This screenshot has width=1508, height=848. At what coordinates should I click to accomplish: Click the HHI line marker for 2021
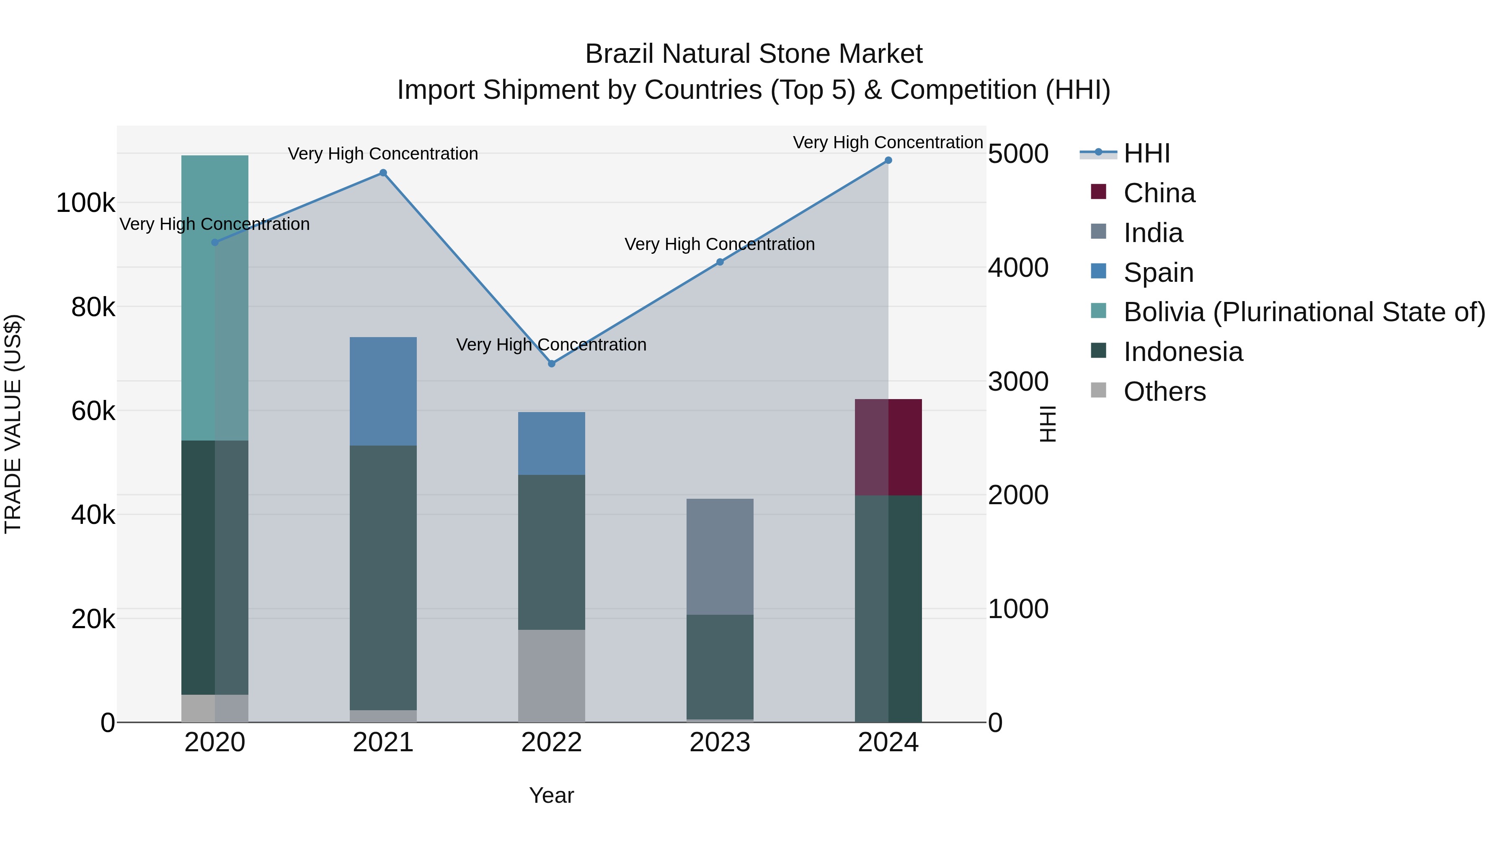383,173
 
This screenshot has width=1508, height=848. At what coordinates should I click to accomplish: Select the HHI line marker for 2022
551,363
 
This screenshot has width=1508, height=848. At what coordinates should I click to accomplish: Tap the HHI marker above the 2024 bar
888,160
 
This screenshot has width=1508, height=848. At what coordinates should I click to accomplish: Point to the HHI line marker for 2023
720,262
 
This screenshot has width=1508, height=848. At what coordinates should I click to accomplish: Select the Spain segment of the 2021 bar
383,391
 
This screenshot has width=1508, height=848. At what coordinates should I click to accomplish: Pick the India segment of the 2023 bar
720,556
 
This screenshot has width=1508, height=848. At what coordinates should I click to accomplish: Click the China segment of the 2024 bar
888,447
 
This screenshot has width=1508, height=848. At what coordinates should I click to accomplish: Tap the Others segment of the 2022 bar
551,675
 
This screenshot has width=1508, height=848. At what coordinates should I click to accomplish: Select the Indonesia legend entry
1183,352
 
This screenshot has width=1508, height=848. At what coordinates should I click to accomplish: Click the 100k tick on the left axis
85,203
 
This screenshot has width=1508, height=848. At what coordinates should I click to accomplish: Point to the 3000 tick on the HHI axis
1018,381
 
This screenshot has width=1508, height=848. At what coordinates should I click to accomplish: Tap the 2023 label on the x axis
720,742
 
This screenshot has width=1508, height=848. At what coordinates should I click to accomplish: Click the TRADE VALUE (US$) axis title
13,424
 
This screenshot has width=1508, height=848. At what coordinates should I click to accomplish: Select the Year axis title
551,795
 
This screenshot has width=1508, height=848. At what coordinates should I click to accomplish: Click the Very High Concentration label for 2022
551,345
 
